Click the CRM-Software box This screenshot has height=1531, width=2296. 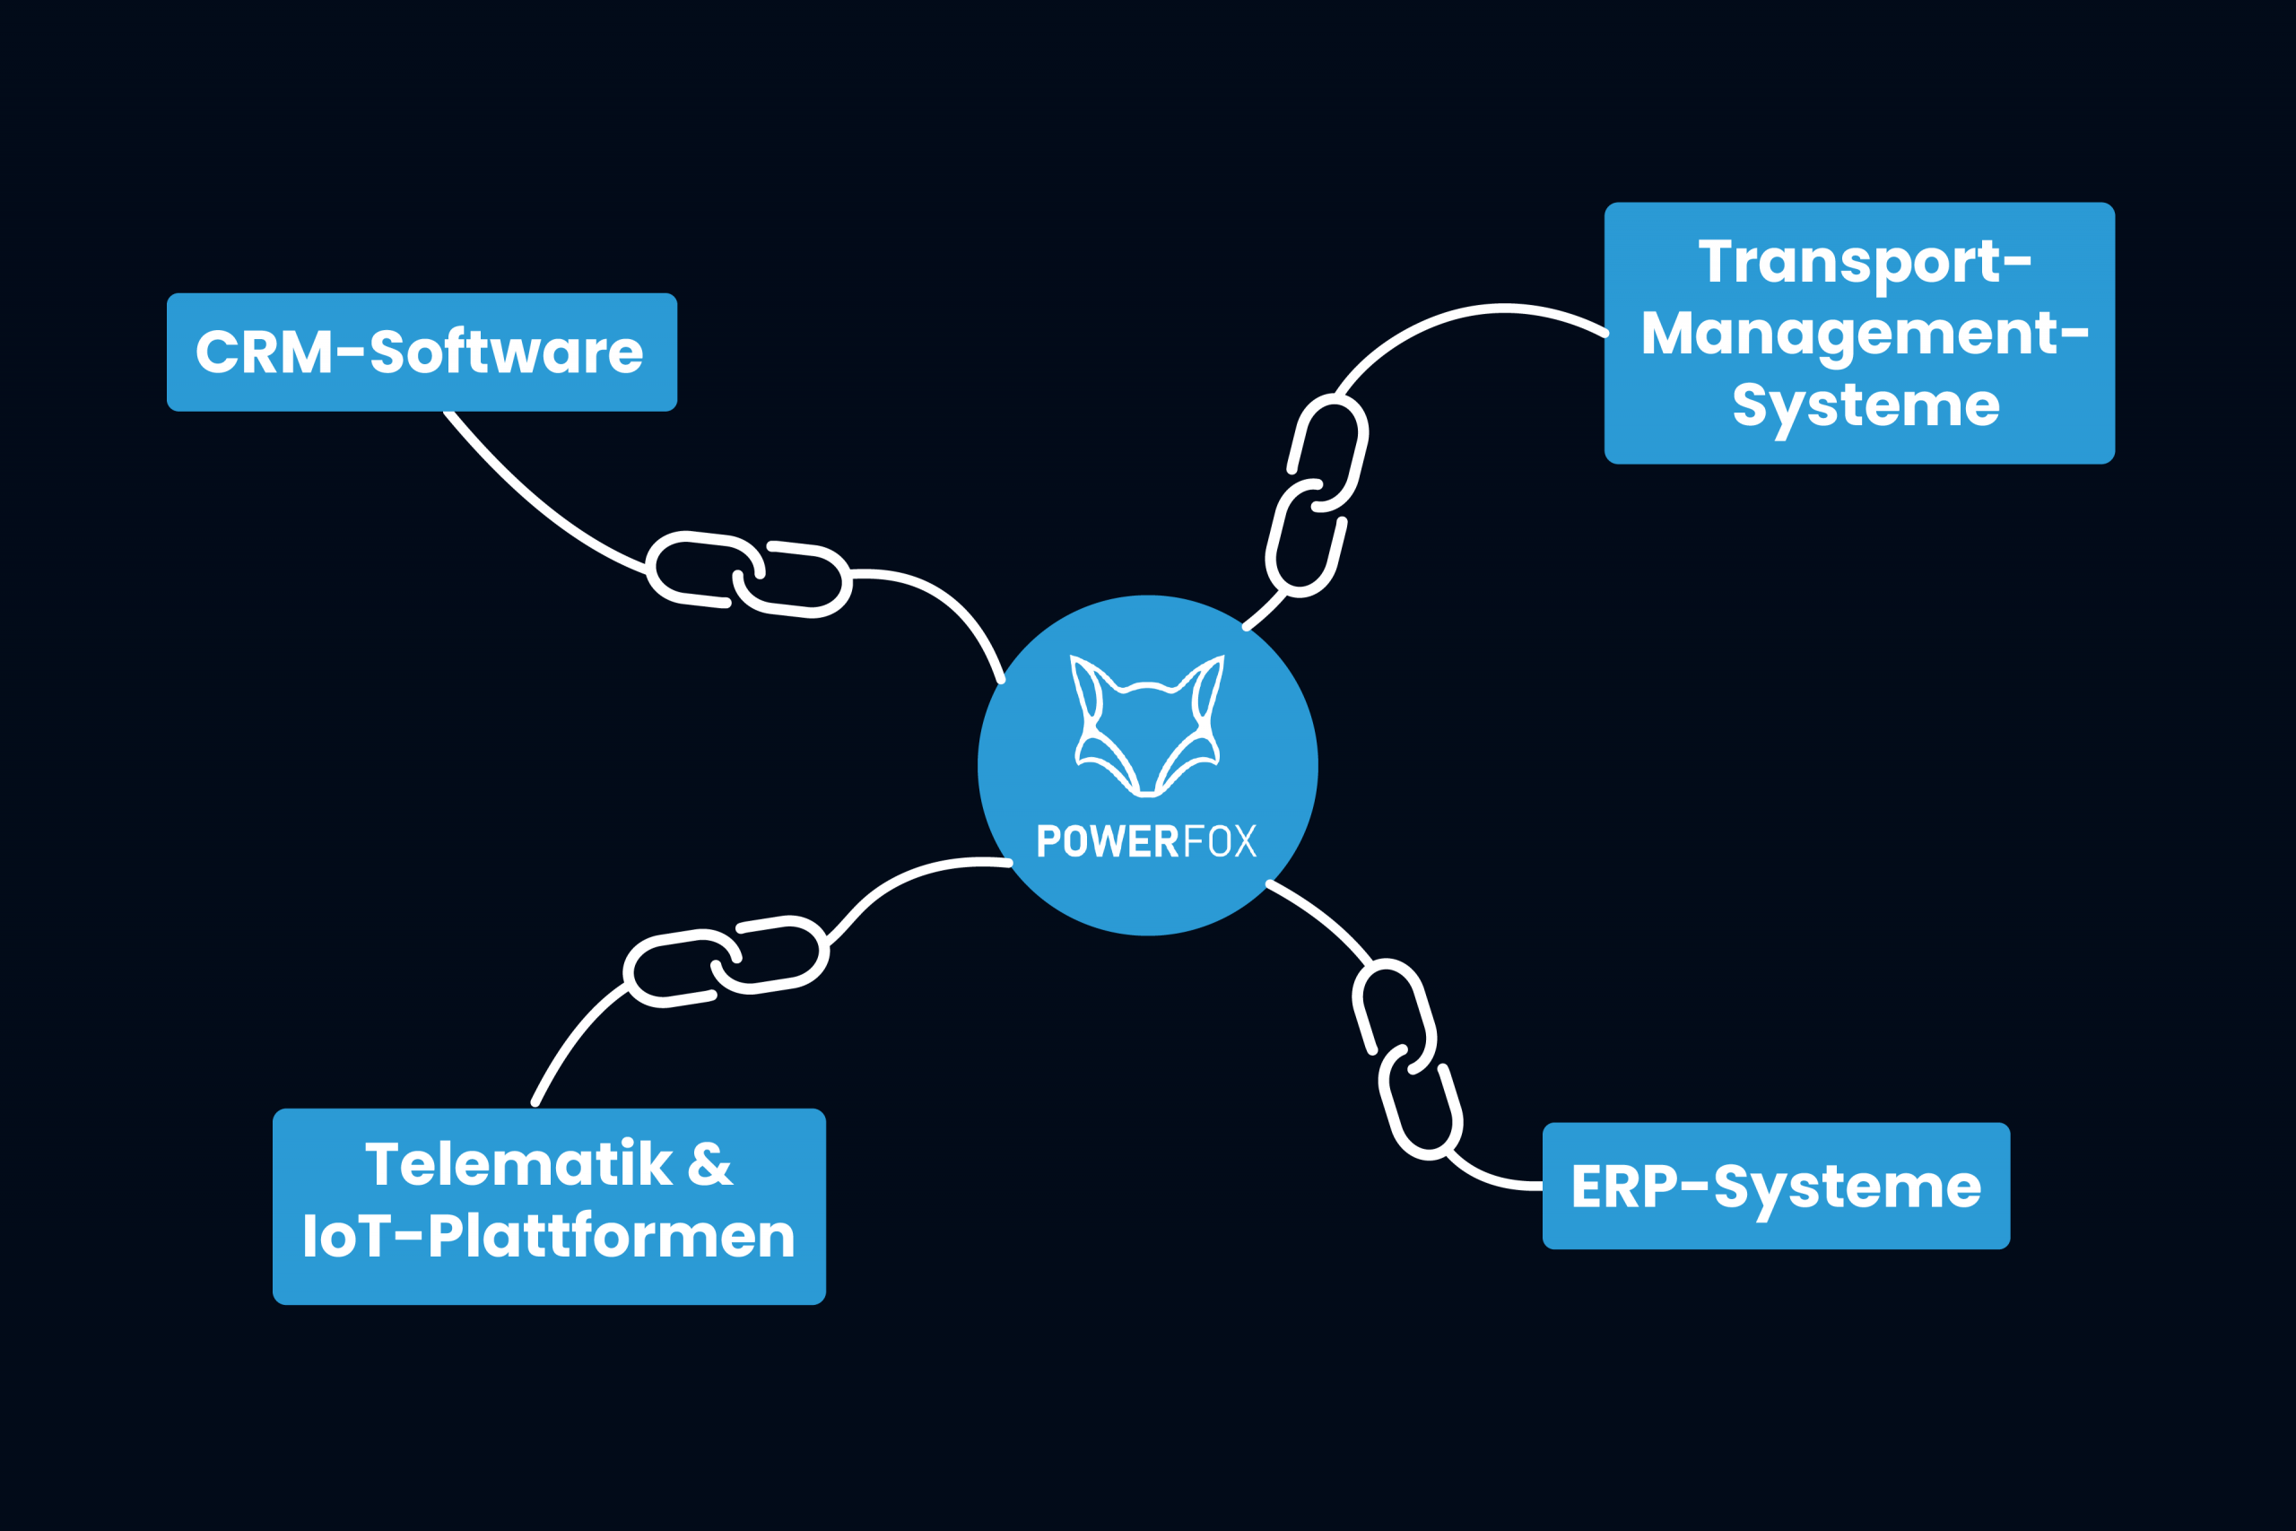[422, 352]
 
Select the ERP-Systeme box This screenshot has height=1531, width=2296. [1776, 1186]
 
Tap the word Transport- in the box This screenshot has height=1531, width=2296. [1865, 262]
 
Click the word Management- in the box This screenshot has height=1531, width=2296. [1865, 334]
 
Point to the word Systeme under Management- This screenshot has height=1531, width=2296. [1865, 405]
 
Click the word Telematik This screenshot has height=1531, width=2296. [518, 1165]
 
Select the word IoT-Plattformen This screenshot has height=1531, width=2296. [549, 1236]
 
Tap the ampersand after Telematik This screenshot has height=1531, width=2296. [709, 1165]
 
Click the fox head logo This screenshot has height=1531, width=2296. [1147, 725]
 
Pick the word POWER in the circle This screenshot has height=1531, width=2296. [1107, 841]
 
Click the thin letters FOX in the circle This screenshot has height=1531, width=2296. [1219, 841]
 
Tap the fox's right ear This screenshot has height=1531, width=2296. [1207, 687]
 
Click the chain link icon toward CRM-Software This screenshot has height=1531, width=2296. [749, 575]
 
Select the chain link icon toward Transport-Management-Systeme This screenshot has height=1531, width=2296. [1316, 495]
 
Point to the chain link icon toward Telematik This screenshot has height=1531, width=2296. [726, 961]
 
